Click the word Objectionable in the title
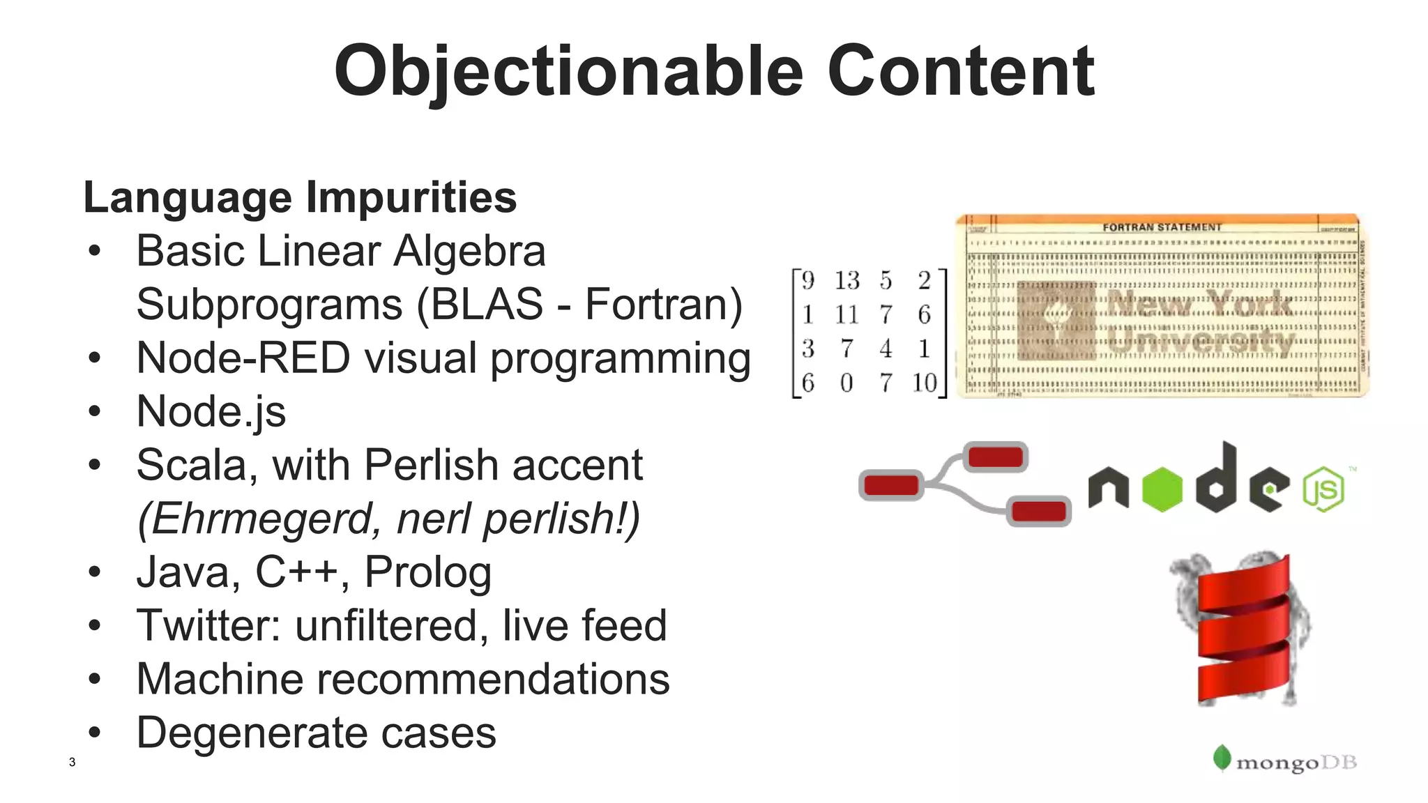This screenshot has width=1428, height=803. tap(568, 71)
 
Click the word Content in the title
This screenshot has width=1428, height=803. tap(960, 71)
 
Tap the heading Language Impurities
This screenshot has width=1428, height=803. tap(300, 197)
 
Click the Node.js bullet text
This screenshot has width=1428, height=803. tap(211, 411)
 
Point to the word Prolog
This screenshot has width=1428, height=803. tap(428, 572)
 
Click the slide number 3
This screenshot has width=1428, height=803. tap(72, 762)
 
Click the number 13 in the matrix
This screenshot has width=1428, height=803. tap(847, 281)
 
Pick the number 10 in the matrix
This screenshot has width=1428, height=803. tap(925, 383)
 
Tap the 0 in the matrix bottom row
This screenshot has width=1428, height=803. tap(846, 383)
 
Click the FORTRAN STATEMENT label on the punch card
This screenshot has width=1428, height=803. tap(1162, 227)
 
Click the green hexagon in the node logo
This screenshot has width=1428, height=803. tap(1162, 489)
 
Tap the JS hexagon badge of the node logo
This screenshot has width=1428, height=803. tap(1323, 490)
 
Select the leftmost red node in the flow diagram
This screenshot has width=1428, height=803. tap(891, 484)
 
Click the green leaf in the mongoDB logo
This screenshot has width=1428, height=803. tap(1221, 758)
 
